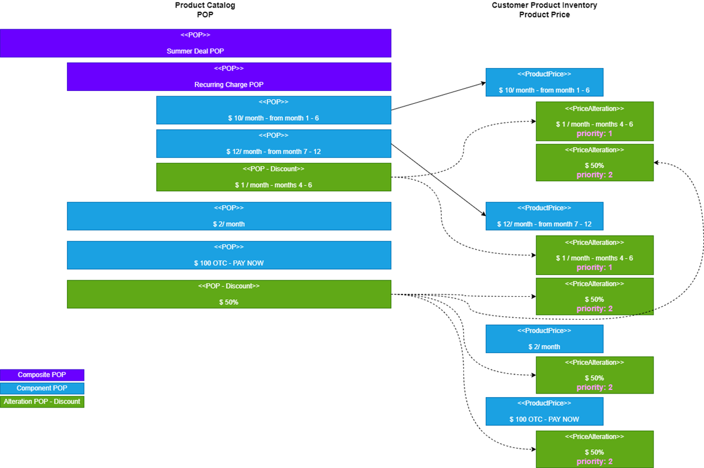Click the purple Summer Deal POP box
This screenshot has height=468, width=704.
(x=195, y=43)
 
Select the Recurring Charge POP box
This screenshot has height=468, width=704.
(x=229, y=77)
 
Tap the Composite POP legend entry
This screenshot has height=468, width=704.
(x=42, y=375)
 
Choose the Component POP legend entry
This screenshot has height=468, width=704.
(x=42, y=388)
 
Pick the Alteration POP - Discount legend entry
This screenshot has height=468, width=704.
(x=42, y=402)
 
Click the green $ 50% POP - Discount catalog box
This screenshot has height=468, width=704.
(x=229, y=294)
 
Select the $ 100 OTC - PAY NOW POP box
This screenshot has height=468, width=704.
(x=229, y=255)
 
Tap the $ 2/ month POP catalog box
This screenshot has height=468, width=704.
(x=229, y=216)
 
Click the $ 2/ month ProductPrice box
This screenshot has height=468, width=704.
(x=544, y=339)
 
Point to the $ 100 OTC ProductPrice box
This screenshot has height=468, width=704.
(x=544, y=411)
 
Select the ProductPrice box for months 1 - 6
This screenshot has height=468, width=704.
(x=544, y=82)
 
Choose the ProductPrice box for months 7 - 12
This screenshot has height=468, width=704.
(x=544, y=216)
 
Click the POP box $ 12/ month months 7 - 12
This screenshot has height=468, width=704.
(x=273, y=144)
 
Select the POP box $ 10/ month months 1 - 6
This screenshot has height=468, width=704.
(x=273, y=110)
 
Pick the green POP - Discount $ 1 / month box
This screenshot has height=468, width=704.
(x=273, y=177)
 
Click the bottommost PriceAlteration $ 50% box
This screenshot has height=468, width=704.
(x=594, y=449)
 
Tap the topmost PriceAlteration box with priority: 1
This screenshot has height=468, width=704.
(x=594, y=121)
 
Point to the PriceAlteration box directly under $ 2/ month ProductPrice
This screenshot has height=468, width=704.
(x=594, y=375)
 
